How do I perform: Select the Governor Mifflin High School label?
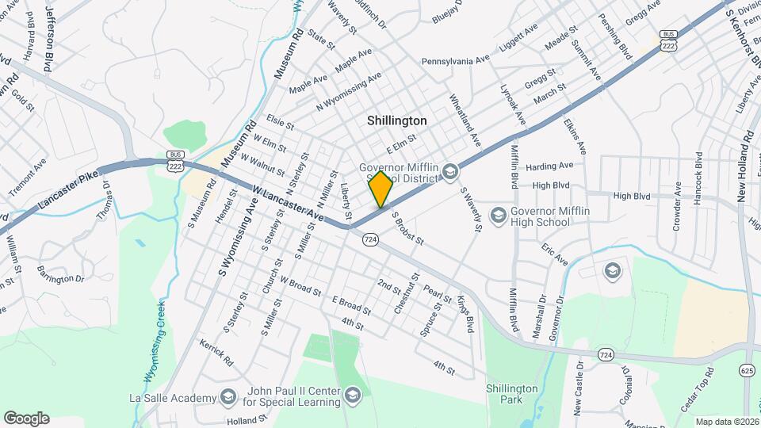coord(541,216)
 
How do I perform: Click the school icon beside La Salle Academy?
coord(228,397)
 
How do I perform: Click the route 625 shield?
coord(747,369)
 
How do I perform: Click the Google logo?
coord(26,418)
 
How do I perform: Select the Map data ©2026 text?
coord(727,422)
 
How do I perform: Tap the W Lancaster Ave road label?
coord(289,203)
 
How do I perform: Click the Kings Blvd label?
coord(465,313)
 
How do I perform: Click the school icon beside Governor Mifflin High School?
coord(499,215)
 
